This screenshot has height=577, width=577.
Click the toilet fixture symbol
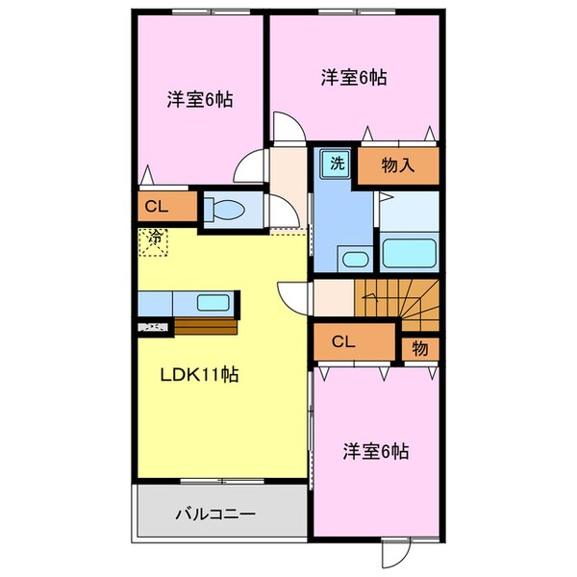tap(224, 210)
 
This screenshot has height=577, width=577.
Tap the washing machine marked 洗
tap(335, 163)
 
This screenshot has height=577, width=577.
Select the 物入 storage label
tap(398, 165)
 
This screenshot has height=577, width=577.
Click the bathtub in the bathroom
tap(409, 253)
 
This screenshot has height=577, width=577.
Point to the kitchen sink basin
tap(213, 303)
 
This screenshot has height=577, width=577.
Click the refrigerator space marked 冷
tap(154, 242)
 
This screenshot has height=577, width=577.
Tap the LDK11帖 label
tap(199, 375)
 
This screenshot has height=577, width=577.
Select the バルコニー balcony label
tap(215, 514)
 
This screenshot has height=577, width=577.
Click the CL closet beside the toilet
tap(167, 207)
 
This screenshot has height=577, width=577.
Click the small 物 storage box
tap(420, 348)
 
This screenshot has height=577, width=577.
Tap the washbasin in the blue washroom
tap(355, 259)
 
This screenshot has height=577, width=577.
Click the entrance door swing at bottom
tap(395, 554)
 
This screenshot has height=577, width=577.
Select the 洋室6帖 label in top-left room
tap(200, 99)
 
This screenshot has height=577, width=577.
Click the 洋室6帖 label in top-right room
tap(354, 78)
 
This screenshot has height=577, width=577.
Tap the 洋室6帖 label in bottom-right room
tap(376, 451)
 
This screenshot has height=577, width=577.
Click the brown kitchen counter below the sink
tap(206, 326)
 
